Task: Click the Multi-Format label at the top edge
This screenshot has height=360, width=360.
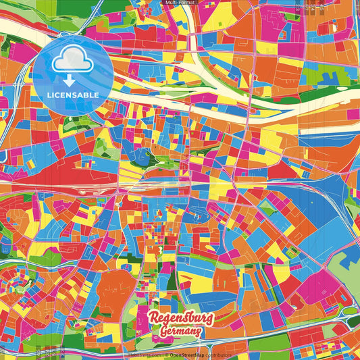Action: (180, 3)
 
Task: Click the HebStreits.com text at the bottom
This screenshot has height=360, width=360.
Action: (143, 355)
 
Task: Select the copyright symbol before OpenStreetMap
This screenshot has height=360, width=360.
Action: (165, 355)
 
